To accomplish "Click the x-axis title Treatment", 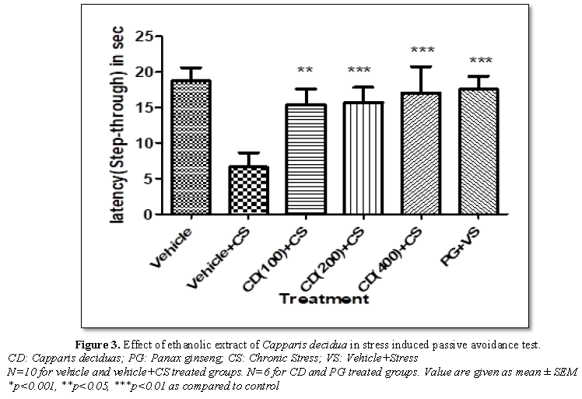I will tap(324, 298).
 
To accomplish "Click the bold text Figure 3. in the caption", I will tap(97, 343).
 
